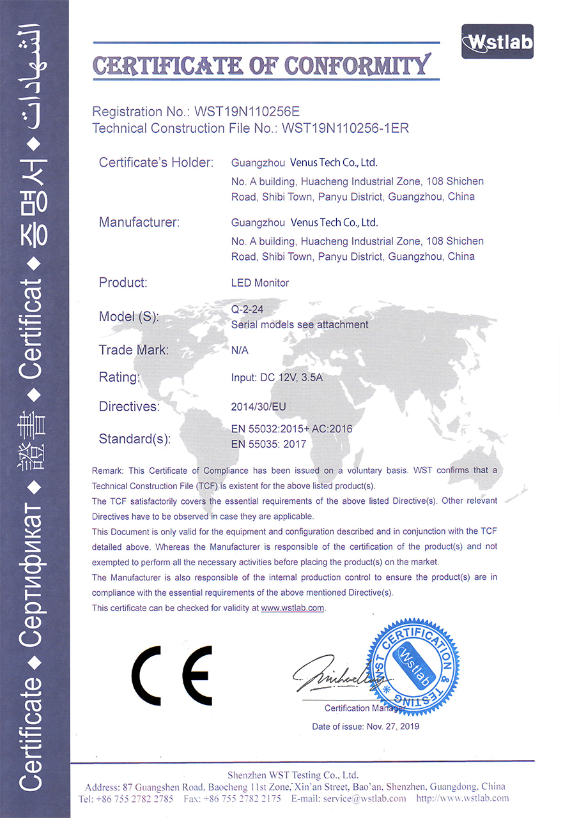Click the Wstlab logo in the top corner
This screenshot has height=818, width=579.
coord(497,42)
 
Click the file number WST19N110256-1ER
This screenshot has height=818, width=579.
coord(345,128)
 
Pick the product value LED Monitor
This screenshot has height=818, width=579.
coord(260,282)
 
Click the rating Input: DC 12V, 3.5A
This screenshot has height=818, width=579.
coord(277,377)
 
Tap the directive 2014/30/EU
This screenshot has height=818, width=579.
coord(258,406)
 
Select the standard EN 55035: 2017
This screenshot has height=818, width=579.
coord(269,444)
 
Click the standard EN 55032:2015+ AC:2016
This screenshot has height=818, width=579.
coord(292,429)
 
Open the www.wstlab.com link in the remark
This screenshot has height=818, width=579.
coord(293,608)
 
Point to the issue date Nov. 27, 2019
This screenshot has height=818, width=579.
coord(392,727)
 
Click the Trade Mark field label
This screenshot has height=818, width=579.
coord(134,350)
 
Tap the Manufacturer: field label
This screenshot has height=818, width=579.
coord(139,223)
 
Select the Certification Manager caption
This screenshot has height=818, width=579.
coord(365,708)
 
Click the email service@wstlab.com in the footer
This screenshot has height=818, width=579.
coord(364,799)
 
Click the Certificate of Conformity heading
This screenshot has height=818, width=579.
coord(261,65)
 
